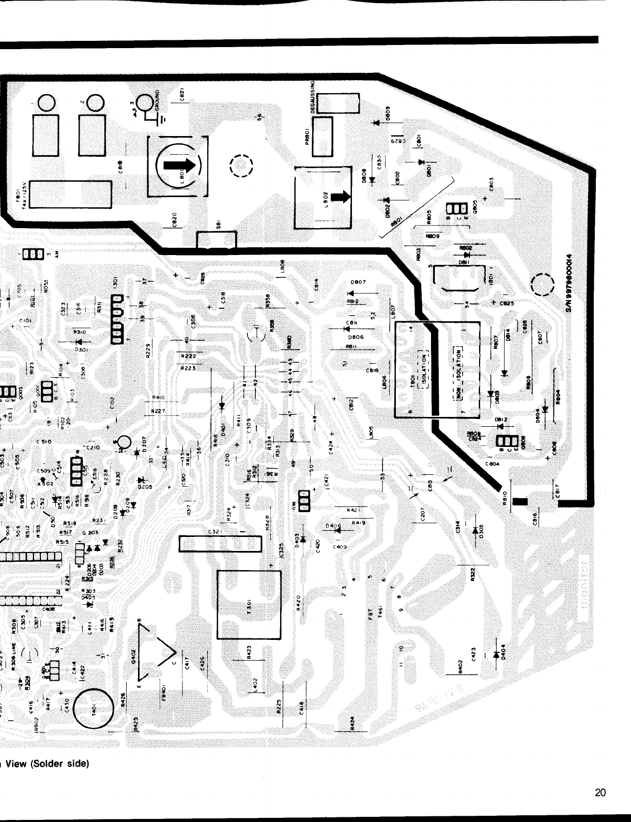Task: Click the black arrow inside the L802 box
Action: (x=340, y=197)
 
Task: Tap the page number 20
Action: (x=600, y=793)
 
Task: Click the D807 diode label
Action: (x=358, y=282)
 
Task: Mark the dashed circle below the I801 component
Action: (x=542, y=284)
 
